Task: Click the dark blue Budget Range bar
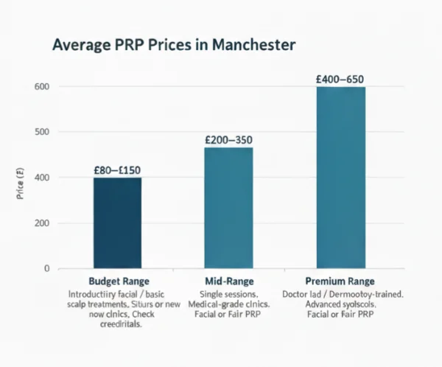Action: pos(117,223)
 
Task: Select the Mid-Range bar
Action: pos(228,208)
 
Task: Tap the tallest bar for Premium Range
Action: pos(340,177)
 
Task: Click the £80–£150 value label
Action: pos(117,170)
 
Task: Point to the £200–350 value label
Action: pos(228,139)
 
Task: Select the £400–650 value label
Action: pos(340,79)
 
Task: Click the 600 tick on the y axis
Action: pos(41,87)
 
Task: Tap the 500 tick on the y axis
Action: pos(41,132)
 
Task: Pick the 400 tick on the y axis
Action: pos(41,178)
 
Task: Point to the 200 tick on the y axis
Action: pos(41,223)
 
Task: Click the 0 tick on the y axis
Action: pos(46,268)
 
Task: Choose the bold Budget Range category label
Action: pos(118,282)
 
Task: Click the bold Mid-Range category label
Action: pos(228,282)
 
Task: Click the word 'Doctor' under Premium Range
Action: pos(298,294)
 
